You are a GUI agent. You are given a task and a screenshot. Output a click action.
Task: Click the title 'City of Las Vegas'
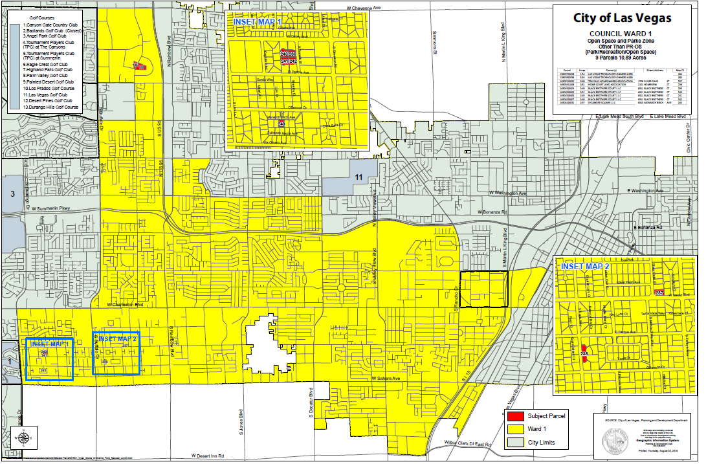[x=621, y=17]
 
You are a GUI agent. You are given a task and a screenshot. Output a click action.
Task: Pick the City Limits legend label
[x=541, y=443]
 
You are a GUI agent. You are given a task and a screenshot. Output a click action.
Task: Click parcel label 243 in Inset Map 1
[x=281, y=123]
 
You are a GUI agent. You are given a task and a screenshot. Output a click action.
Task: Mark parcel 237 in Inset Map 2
[x=659, y=293]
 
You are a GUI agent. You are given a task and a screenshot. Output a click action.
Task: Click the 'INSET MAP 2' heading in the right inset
[x=586, y=267]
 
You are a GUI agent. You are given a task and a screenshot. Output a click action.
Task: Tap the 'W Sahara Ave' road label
[x=388, y=378]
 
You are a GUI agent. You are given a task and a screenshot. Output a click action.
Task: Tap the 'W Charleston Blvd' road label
[x=124, y=304]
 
